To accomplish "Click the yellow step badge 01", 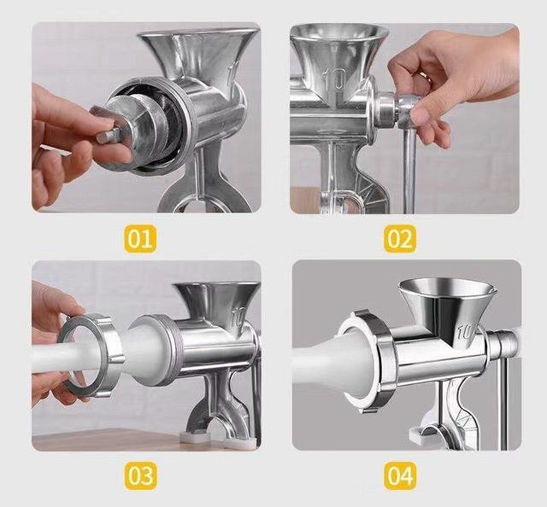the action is click(x=140, y=238).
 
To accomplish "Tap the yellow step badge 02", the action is click(x=400, y=238).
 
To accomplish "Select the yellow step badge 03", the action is click(x=140, y=475).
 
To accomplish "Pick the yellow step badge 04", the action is click(x=400, y=475).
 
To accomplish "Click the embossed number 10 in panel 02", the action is click(x=334, y=79).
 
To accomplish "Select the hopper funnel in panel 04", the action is click(x=448, y=306).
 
